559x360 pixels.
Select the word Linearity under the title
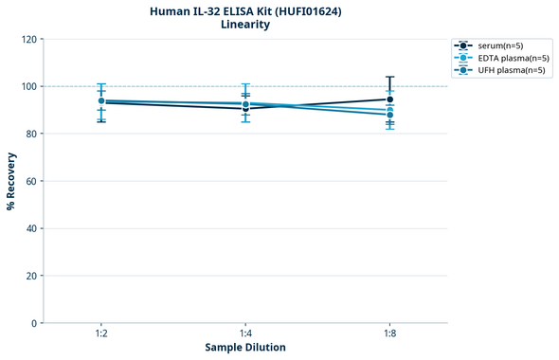245,25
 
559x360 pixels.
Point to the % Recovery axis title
11,180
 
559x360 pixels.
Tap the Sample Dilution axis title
245,348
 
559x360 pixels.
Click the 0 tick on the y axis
33,323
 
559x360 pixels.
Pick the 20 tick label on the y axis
30,276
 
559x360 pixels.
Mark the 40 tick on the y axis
30,228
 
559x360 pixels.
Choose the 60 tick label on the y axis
30,181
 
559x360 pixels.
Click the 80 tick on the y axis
30,134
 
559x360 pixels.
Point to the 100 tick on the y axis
27,86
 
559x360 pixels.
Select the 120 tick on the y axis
27,39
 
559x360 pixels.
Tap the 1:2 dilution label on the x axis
101,333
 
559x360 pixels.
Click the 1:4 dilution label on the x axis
245,333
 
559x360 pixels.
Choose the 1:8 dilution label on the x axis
390,333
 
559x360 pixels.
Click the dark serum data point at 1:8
390,99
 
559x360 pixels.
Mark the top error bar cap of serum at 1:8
390,77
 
